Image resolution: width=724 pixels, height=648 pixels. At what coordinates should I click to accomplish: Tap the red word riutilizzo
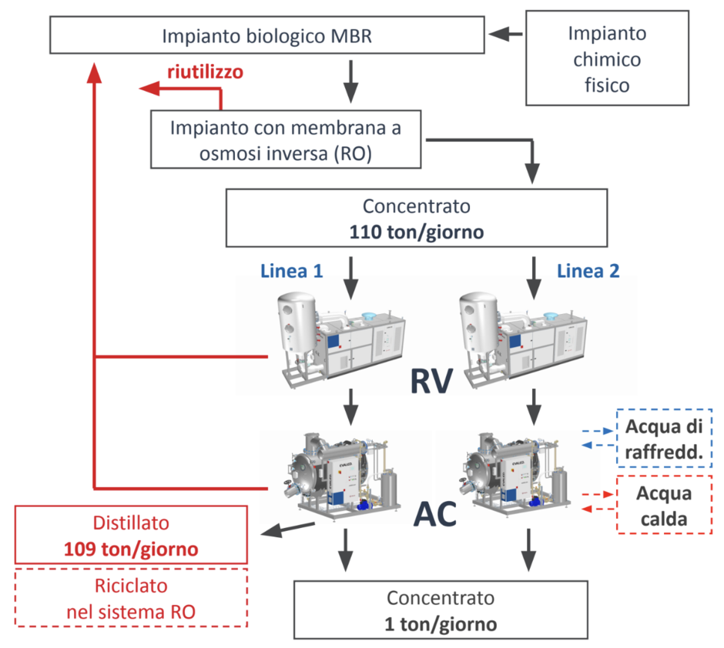pyautogui.click(x=205, y=72)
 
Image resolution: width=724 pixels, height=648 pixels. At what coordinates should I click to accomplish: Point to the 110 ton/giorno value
pyautogui.click(x=417, y=232)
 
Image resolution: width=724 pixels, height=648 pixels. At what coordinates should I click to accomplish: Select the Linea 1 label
pyautogui.click(x=291, y=271)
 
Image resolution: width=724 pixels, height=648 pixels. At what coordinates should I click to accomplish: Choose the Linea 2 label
pyautogui.click(x=588, y=271)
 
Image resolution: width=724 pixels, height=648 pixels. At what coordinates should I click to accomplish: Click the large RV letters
pyautogui.click(x=431, y=382)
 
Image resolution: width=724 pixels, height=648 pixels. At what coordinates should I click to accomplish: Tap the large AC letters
pyautogui.click(x=435, y=514)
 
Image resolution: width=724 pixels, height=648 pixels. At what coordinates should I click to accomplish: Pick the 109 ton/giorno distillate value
pyautogui.click(x=131, y=549)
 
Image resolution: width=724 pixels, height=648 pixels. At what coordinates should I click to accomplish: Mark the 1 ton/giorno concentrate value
pyautogui.click(x=441, y=624)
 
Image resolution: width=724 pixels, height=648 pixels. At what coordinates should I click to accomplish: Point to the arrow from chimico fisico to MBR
pyautogui.click(x=505, y=34)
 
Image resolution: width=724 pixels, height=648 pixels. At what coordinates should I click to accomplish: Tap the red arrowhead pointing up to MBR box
pyautogui.click(x=94, y=73)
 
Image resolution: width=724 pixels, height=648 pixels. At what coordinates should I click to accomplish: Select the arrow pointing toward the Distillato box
pyautogui.click(x=288, y=529)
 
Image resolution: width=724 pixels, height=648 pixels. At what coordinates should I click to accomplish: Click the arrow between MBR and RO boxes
pyautogui.click(x=351, y=81)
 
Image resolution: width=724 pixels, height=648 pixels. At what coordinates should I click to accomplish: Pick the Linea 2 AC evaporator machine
pyautogui.click(x=516, y=475)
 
